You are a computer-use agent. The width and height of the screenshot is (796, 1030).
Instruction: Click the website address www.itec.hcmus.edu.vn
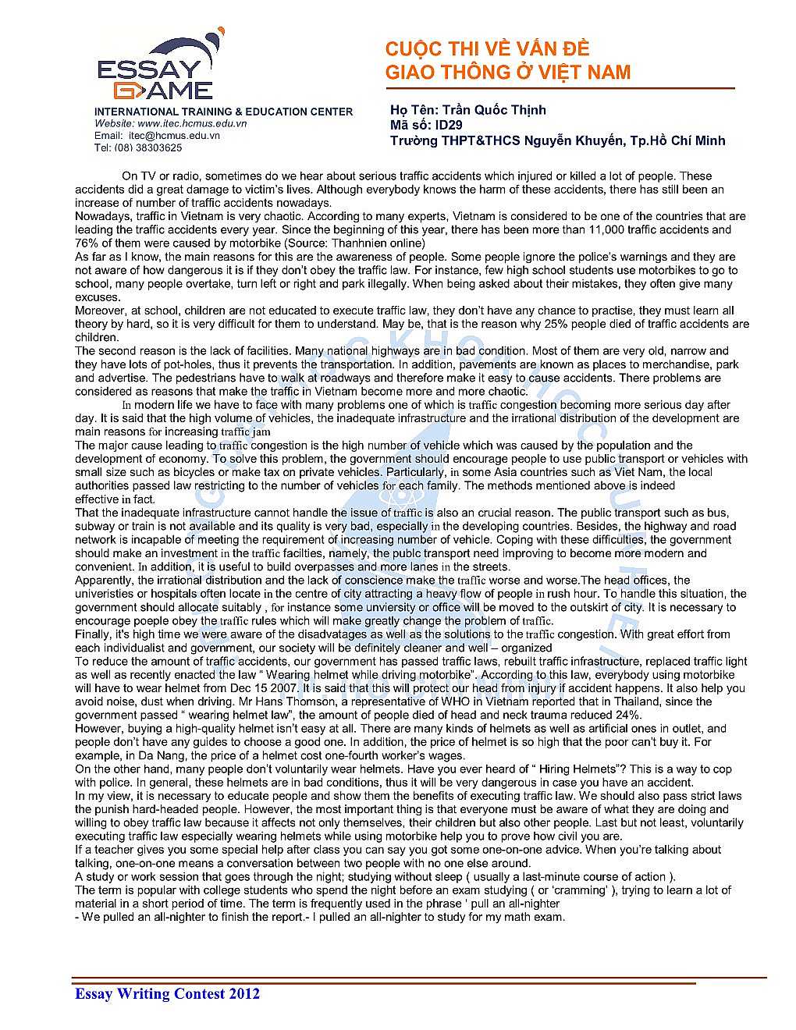click(192, 123)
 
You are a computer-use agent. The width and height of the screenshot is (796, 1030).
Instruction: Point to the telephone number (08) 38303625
click(148, 147)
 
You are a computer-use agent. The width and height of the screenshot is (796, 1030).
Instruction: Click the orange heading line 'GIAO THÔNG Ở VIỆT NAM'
click(507, 73)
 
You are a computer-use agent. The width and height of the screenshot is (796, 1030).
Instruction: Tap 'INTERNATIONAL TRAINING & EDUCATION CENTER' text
click(223, 112)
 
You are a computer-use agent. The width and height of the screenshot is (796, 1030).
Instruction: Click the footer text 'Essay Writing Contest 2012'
click(167, 993)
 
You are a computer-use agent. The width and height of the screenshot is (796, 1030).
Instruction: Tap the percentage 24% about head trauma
click(628, 715)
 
